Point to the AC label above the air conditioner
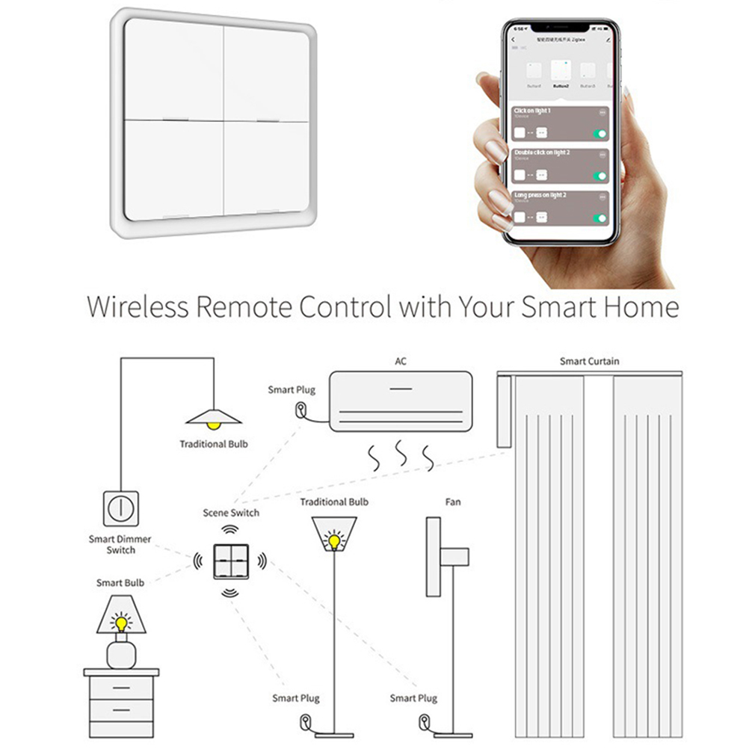point(401,363)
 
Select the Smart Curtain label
point(590,362)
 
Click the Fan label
point(453,502)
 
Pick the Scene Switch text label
point(231,514)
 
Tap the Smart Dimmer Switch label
point(120,544)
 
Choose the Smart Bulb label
point(120,583)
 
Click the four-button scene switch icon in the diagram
point(229,558)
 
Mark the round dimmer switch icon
point(120,507)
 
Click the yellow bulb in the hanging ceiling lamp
point(214,424)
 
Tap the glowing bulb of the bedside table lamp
point(120,622)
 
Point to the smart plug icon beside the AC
point(300,410)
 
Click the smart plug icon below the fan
point(424,722)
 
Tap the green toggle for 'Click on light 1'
point(599,134)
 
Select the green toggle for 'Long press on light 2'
point(599,218)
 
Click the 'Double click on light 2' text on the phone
point(542,152)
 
